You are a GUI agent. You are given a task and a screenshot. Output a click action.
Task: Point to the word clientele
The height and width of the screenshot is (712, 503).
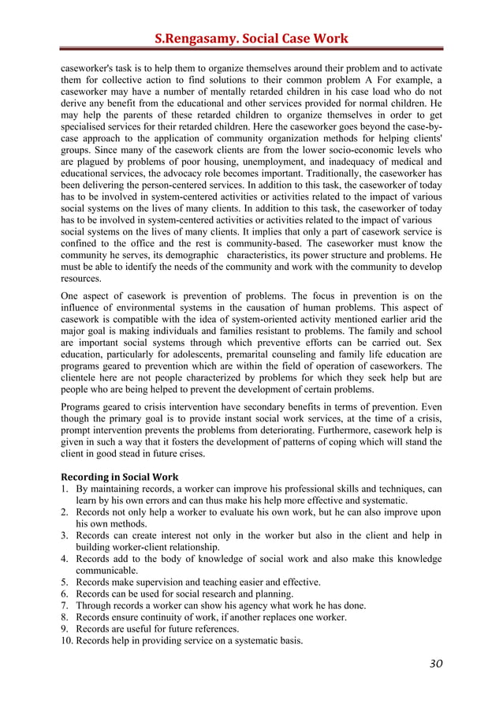tap(80, 379)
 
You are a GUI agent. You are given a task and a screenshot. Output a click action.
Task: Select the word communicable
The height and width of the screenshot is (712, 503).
tap(106, 570)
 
